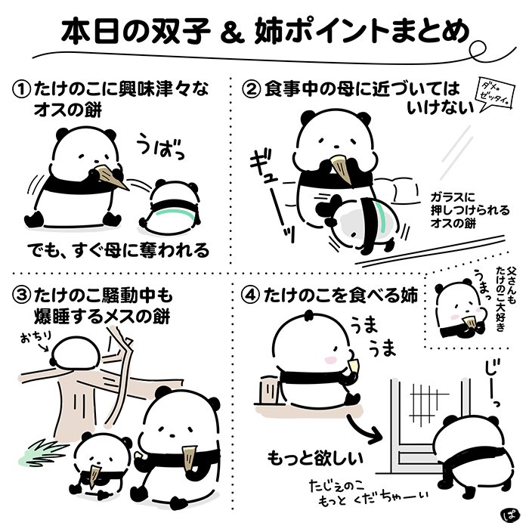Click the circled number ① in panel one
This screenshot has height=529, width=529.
tap(21, 91)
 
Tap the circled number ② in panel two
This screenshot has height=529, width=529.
tap(252, 91)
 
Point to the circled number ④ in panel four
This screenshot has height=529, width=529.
tap(252, 295)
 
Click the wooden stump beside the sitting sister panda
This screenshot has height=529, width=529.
tap(269, 390)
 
